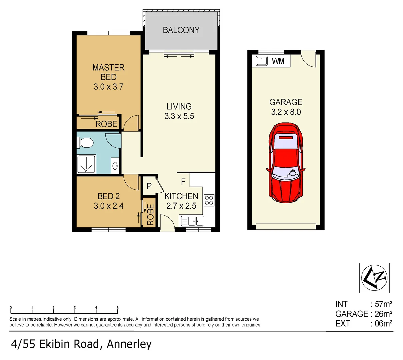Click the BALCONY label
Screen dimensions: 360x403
pos(181,30)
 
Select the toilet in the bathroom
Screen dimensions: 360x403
pos(85,142)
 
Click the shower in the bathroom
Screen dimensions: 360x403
pos(86,164)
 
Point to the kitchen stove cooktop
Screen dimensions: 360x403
pos(209,200)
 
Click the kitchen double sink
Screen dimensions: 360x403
pos(192,221)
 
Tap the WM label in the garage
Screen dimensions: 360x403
pos(278,61)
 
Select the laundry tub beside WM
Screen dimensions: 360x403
pos(262,61)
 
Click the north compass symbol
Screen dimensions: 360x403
pos(374,278)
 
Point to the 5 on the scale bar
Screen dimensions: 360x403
pos(117,308)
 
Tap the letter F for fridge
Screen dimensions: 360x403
pos(183,182)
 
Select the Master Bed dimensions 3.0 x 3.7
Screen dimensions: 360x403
pos(108,87)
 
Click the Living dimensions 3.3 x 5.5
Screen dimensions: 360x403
pos(179,116)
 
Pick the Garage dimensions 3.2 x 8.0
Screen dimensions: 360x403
pos(286,112)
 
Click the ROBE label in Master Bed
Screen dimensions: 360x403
pos(106,124)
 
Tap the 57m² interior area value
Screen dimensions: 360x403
pos(383,304)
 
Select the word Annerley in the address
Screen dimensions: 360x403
pos(129,344)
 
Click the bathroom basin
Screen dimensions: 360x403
pos(115,166)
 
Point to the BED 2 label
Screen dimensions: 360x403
pos(108,196)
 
